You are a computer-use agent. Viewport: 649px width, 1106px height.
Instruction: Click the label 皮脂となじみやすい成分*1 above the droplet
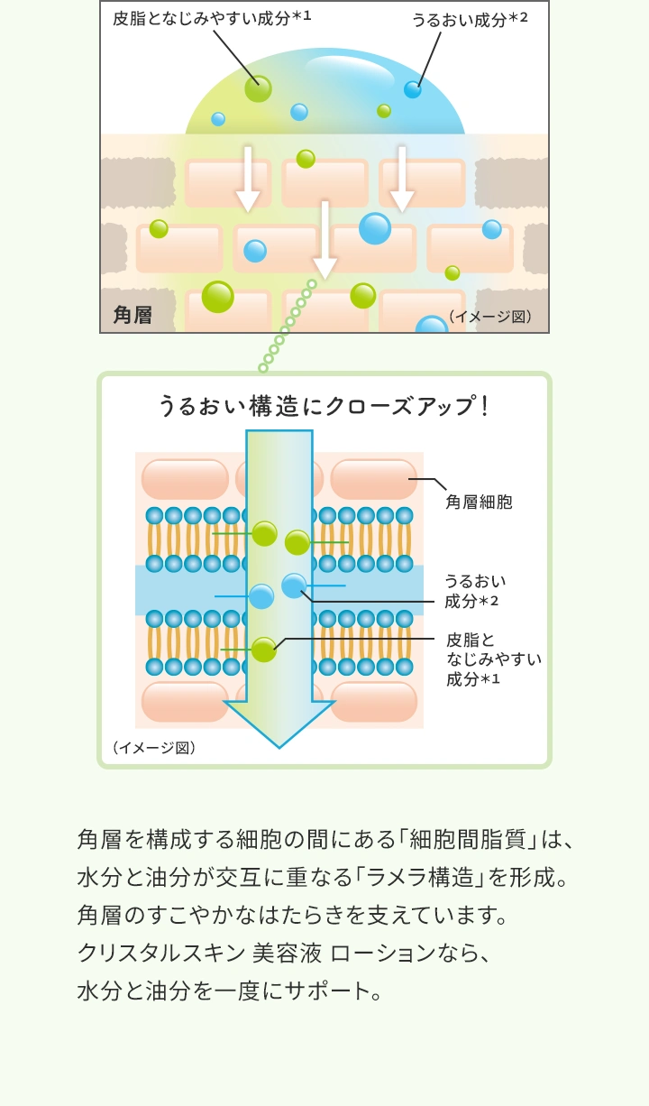(x=212, y=18)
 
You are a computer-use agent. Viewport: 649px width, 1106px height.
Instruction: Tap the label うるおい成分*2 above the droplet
(x=470, y=19)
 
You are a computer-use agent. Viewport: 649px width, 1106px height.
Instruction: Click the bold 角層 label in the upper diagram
(x=133, y=315)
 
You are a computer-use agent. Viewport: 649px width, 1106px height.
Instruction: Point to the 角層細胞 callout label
(x=479, y=502)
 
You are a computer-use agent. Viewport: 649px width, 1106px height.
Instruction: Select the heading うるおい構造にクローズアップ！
(x=324, y=406)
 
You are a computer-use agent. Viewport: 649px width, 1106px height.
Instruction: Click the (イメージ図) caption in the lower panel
(x=154, y=748)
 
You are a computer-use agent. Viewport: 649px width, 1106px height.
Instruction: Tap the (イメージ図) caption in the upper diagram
(x=490, y=316)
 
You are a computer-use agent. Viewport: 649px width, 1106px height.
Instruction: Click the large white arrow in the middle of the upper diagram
(x=324, y=240)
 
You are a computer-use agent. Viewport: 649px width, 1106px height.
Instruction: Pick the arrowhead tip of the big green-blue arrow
(x=279, y=748)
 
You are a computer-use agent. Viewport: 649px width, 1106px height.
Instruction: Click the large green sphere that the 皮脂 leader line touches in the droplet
(x=258, y=89)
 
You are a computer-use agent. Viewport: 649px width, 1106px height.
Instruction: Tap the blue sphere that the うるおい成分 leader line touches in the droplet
(x=413, y=89)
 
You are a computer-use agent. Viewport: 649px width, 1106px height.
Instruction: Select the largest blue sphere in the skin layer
(x=375, y=228)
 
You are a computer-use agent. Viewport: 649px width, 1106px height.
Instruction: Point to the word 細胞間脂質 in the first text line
(x=467, y=839)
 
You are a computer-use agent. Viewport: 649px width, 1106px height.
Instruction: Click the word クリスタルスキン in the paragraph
(x=161, y=953)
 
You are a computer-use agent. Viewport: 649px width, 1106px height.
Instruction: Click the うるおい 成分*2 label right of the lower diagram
(x=475, y=591)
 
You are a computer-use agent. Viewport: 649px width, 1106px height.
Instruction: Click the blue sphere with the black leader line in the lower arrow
(x=294, y=585)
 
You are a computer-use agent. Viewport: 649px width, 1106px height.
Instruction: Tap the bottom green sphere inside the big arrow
(x=263, y=650)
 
